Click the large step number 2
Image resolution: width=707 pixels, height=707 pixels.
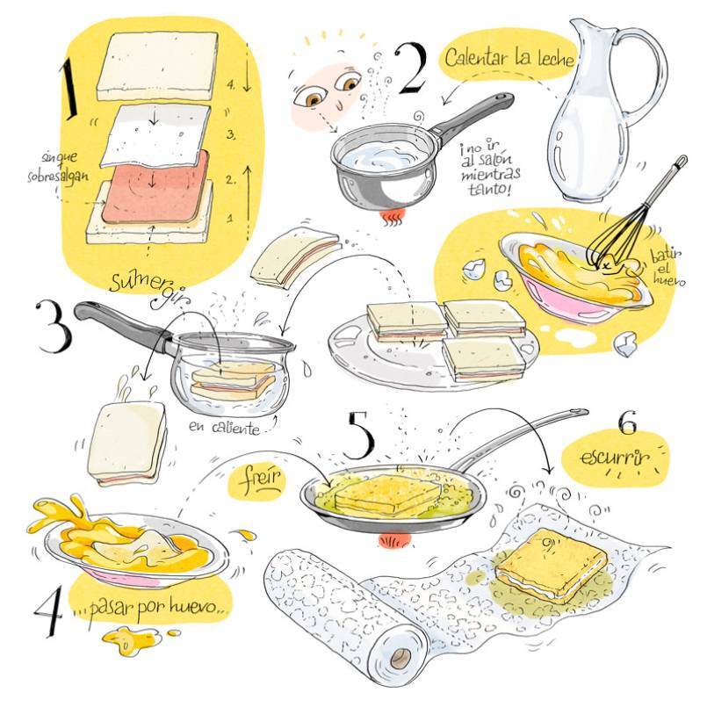(411, 69)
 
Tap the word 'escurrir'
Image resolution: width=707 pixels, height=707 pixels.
(615, 458)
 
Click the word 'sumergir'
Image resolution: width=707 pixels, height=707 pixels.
(149, 285)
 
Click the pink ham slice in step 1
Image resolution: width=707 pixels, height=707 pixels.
(155, 187)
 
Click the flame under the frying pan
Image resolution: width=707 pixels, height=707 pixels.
(394, 540)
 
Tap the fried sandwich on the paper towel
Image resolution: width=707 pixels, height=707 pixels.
(551, 566)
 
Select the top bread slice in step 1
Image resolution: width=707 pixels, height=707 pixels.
(157, 66)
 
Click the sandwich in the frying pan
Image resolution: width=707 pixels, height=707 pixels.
(386, 494)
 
